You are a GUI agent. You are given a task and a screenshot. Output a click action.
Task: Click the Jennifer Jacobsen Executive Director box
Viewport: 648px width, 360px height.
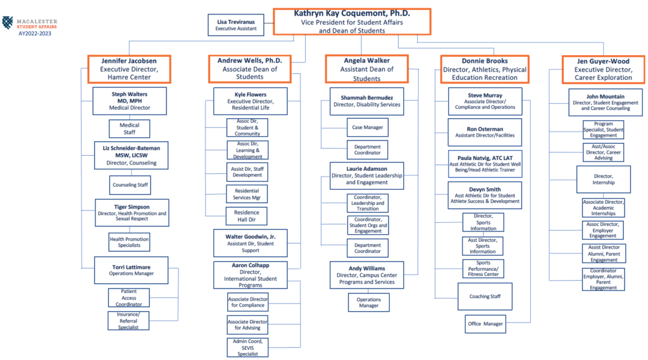coord(129,68)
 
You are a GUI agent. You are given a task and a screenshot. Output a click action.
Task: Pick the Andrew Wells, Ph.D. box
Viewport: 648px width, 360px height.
coord(250,68)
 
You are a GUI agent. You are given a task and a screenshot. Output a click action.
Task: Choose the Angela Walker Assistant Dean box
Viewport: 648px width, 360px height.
coord(367,69)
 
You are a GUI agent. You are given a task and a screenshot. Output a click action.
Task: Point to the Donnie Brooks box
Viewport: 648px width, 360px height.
coord(484,69)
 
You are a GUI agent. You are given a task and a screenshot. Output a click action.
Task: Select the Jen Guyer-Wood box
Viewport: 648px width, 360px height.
coord(603,69)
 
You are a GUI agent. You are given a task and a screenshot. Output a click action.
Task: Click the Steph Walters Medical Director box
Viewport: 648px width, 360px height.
coord(129,101)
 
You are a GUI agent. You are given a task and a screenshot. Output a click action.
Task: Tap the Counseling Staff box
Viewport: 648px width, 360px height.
coord(130,185)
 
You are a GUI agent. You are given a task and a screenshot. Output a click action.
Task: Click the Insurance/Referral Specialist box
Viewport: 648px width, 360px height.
coord(128,320)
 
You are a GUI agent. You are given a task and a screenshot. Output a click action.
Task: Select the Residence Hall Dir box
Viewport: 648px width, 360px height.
coord(247,216)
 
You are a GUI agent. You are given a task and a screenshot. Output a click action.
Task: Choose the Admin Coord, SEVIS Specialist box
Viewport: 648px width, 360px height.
coord(247,347)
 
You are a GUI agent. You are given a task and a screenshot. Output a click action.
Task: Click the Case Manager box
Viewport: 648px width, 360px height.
coord(368,127)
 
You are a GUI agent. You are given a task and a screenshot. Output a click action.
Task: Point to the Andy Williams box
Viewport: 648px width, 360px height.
coord(366,275)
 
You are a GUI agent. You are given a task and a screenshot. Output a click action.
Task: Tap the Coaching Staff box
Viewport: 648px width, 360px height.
coord(485,296)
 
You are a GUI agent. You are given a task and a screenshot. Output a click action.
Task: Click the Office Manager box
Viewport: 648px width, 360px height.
coord(485,324)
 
